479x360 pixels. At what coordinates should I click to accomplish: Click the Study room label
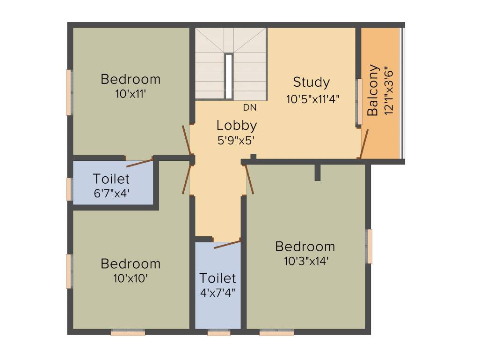(311, 82)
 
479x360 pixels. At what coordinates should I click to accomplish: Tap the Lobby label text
(236, 125)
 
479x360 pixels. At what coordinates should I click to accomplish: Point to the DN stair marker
(250, 107)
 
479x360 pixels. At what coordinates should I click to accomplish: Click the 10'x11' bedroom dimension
(131, 94)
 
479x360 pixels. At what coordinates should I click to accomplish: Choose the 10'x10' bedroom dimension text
(131, 278)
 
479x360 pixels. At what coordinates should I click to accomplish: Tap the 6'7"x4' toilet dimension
(111, 193)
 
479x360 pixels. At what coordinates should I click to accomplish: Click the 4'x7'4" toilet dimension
(218, 293)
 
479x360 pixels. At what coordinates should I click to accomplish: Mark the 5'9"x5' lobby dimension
(236, 140)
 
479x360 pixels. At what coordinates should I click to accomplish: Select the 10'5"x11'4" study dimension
(312, 99)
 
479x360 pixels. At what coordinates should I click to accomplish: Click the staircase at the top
(230, 64)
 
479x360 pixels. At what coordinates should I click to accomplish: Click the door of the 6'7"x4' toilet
(140, 163)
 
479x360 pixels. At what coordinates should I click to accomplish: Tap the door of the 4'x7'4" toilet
(227, 244)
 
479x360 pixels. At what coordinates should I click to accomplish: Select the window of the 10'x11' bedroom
(69, 92)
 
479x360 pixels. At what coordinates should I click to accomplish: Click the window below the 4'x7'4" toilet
(219, 333)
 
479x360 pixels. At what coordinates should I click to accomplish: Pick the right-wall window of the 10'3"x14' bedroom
(369, 246)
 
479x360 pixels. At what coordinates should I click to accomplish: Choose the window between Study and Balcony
(359, 102)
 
